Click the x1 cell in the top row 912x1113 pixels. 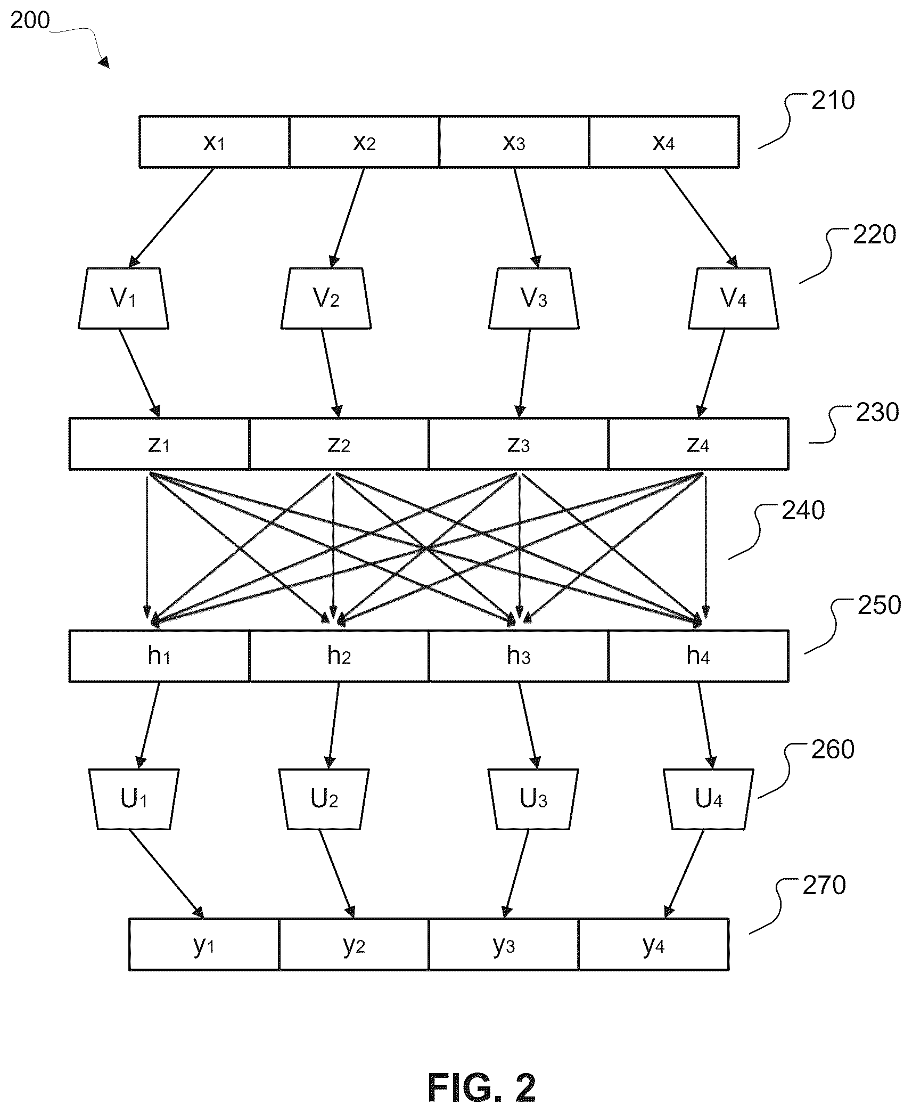[215, 142]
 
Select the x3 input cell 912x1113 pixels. [514, 142]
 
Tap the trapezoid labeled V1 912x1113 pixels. [124, 298]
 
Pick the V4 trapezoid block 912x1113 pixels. [734, 298]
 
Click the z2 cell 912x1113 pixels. [339, 444]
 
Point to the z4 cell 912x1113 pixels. [699, 444]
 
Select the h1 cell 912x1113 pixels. [159, 656]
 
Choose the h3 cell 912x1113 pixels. [519, 656]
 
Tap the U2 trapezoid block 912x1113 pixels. [324, 799]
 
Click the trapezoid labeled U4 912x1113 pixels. [709, 799]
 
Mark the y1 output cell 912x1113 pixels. [204, 944]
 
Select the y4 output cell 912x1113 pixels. [654, 944]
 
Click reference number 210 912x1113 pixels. [833, 101]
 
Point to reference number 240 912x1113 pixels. [803, 510]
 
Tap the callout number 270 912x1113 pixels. [824, 885]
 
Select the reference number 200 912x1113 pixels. [30, 21]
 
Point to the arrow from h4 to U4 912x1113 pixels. [705, 725]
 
